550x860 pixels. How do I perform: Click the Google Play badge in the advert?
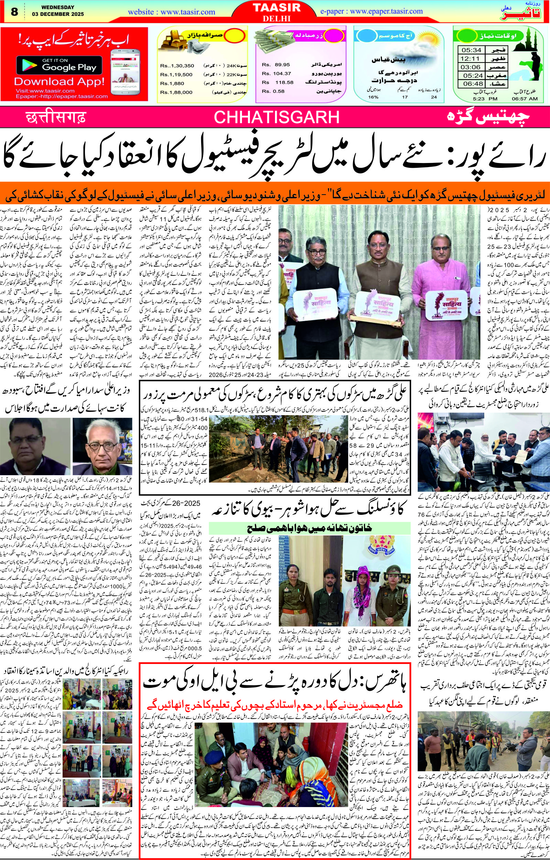[59, 65]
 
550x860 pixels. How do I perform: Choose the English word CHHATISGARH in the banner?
[277, 117]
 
